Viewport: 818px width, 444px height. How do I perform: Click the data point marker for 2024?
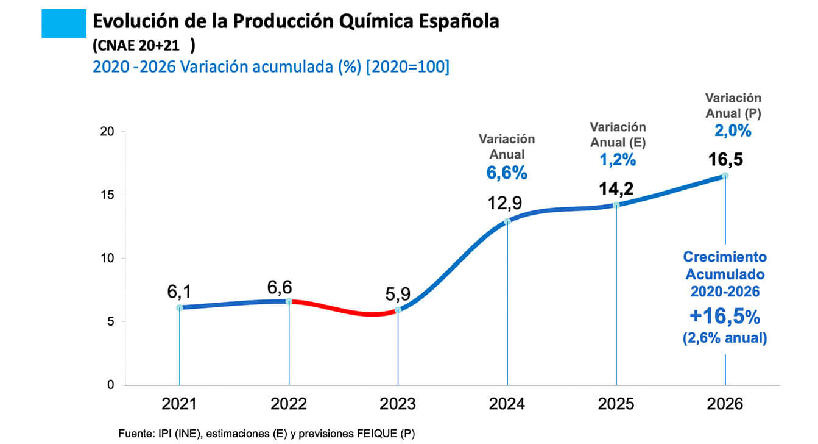tap(507, 221)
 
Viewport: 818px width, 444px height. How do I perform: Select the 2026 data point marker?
tap(725, 176)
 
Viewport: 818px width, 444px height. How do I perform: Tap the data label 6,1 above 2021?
tap(179, 292)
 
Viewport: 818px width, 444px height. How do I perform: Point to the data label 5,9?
tap(398, 295)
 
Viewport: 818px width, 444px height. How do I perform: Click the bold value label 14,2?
tap(616, 189)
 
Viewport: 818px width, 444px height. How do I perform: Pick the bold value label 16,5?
tap(725, 160)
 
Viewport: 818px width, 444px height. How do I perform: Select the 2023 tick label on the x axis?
tap(398, 404)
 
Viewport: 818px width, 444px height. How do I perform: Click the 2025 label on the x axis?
tap(616, 404)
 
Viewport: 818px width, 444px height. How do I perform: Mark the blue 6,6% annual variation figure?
tap(507, 173)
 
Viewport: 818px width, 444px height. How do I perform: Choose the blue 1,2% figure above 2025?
tap(618, 160)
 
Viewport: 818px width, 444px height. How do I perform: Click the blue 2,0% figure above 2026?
tap(733, 131)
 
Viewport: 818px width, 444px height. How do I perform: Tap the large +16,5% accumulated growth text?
tap(725, 317)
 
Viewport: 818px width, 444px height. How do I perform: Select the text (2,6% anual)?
tap(725, 337)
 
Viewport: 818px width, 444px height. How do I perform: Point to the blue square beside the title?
tap(64, 24)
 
